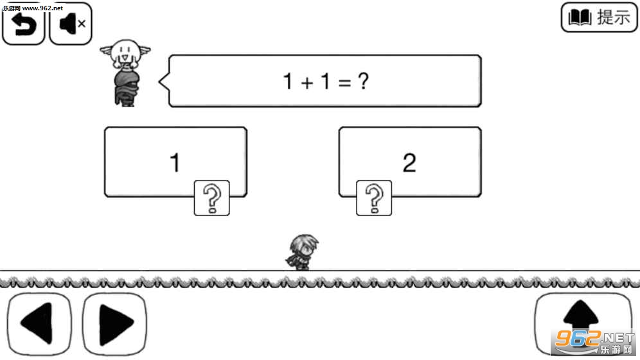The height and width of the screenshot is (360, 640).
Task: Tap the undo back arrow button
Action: pos(23,24)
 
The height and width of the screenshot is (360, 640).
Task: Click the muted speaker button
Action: pos(71,24)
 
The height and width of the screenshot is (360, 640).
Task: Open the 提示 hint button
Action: pos(599,17)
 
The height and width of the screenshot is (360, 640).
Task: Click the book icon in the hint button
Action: pos(580,17)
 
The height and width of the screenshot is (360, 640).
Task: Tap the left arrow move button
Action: pos(39,323)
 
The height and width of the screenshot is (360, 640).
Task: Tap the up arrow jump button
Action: pos(583,323)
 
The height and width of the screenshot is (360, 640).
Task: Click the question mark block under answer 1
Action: pos(212,198)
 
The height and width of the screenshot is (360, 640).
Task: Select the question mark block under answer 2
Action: pos(374,198)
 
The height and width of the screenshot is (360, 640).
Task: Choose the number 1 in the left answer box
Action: pos(175,163)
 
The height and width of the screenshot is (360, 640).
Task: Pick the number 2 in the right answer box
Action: pos(409,163)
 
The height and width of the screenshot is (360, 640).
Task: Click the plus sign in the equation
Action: pos(307,83)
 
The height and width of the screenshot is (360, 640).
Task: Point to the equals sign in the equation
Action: pos(344,83)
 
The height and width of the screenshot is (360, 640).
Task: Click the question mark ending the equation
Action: pos(363,81)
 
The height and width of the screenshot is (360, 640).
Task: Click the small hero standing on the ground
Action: pos(302,252)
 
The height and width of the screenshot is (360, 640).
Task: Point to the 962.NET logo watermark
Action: pos(594,342)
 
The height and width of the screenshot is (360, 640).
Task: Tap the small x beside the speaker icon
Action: pos(82,24)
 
